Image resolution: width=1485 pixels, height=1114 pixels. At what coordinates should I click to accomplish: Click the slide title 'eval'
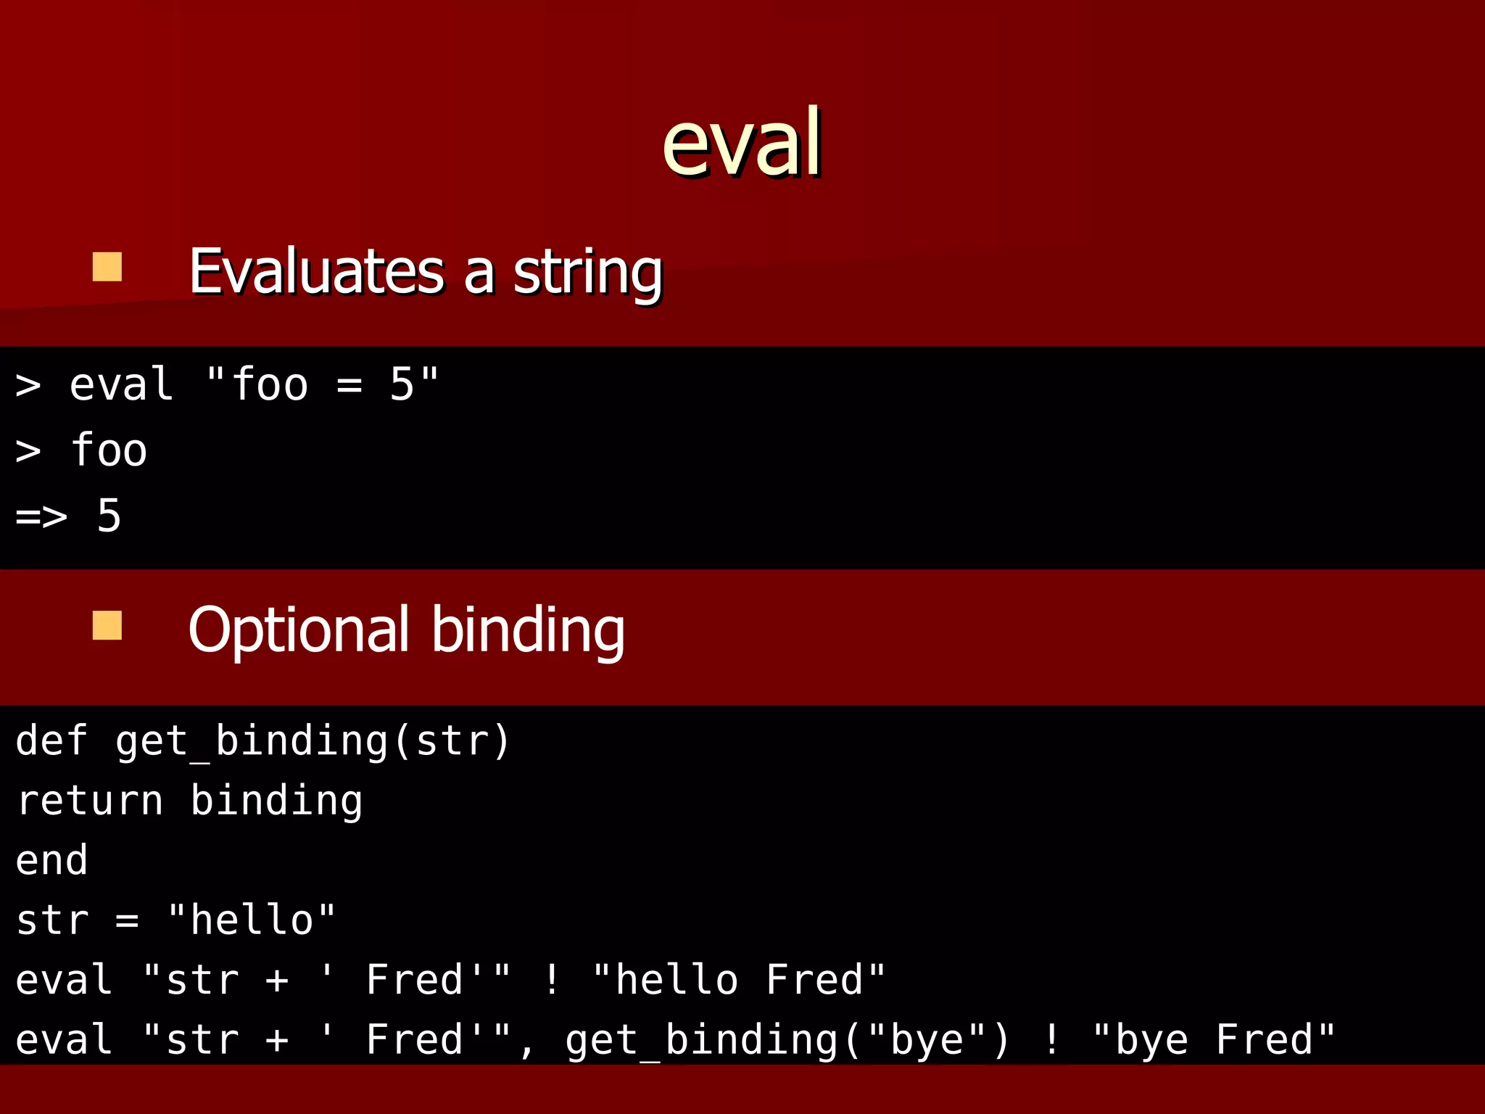(x=742, y=142)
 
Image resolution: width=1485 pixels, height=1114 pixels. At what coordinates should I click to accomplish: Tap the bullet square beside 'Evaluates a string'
(x=107, y=267)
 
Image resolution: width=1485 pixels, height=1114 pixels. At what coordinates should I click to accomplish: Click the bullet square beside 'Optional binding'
(x=107, y=625)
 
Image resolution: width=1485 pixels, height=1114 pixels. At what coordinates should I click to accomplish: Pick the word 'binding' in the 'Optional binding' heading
(x=528, y=630)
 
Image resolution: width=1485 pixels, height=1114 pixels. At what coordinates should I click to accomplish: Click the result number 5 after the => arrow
(x=109, y=516)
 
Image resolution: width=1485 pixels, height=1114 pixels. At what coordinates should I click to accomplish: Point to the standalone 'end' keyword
(x=51, y=860)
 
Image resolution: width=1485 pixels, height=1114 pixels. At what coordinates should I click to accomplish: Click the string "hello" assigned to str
(x=252, y=920)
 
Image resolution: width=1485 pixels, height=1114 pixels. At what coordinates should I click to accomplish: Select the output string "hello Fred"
(x=739, y=979)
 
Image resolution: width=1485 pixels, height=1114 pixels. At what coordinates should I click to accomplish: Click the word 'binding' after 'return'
(x=276, y=801)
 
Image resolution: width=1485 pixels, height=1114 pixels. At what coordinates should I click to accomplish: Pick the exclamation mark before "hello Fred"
(x=552, y=979)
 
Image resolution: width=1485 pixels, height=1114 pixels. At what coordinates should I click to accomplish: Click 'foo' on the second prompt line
(x=109, y=450)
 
